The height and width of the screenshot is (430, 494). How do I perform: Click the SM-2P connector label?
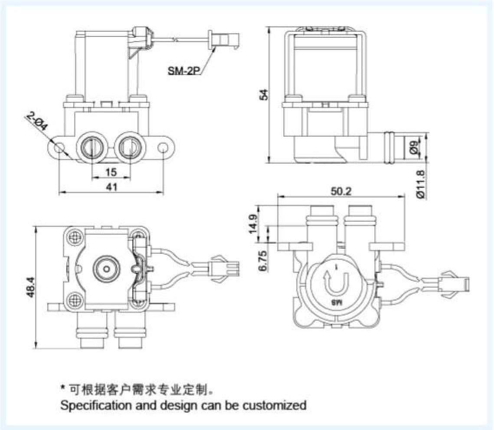[182, 70]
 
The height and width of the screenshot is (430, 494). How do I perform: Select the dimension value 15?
[111, 172]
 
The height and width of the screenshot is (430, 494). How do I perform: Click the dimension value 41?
[111, 187]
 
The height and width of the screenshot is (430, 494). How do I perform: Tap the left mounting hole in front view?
[59, 148]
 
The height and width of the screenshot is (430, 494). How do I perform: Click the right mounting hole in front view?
[164, 148]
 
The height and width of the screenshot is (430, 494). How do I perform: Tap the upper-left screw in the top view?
[74, 236]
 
